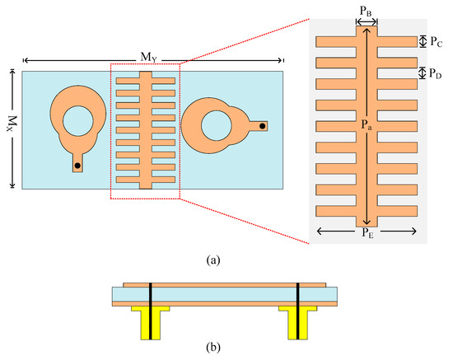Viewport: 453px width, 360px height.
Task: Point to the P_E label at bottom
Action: pos(367,234)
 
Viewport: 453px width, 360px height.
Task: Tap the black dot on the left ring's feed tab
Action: pos(77,166)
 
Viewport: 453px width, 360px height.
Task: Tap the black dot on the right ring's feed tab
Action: pos(263,126)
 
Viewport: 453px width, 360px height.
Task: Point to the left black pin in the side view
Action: pos(150,309)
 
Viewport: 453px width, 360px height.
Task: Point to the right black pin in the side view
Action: pos(297,309)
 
